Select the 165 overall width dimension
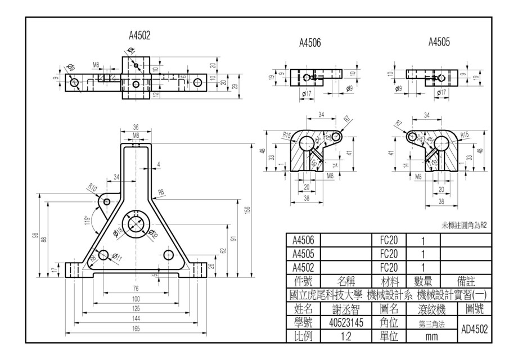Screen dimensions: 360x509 [136, 329]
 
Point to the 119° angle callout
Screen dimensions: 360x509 [87, 220]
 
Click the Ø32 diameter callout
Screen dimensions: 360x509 [153, 233]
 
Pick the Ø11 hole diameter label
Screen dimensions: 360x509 [118, 258]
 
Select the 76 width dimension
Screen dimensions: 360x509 [136, 289]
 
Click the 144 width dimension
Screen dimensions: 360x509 [136, 319]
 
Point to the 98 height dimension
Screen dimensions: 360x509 [35, 235]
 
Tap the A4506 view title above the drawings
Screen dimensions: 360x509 [309, 43]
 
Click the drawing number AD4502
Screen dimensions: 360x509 [474, 329]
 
